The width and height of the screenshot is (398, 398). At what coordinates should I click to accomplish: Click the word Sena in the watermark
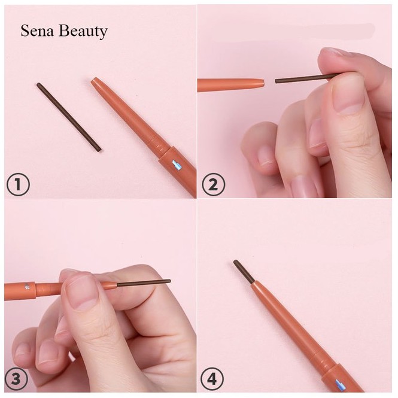(x=36, y=31)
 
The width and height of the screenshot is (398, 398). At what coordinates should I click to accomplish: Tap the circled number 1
(x=18, y=185)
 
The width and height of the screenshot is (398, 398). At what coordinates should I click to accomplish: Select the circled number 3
(x=17, y=378)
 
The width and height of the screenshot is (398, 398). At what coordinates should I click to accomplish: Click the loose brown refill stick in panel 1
(x=68, y=117)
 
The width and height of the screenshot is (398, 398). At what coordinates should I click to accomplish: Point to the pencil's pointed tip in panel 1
(x=95, y=81)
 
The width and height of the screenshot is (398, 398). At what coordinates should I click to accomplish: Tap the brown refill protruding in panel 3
(x=144, y=282)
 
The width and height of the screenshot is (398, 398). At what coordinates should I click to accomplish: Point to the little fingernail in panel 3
(x=23, y=350)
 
